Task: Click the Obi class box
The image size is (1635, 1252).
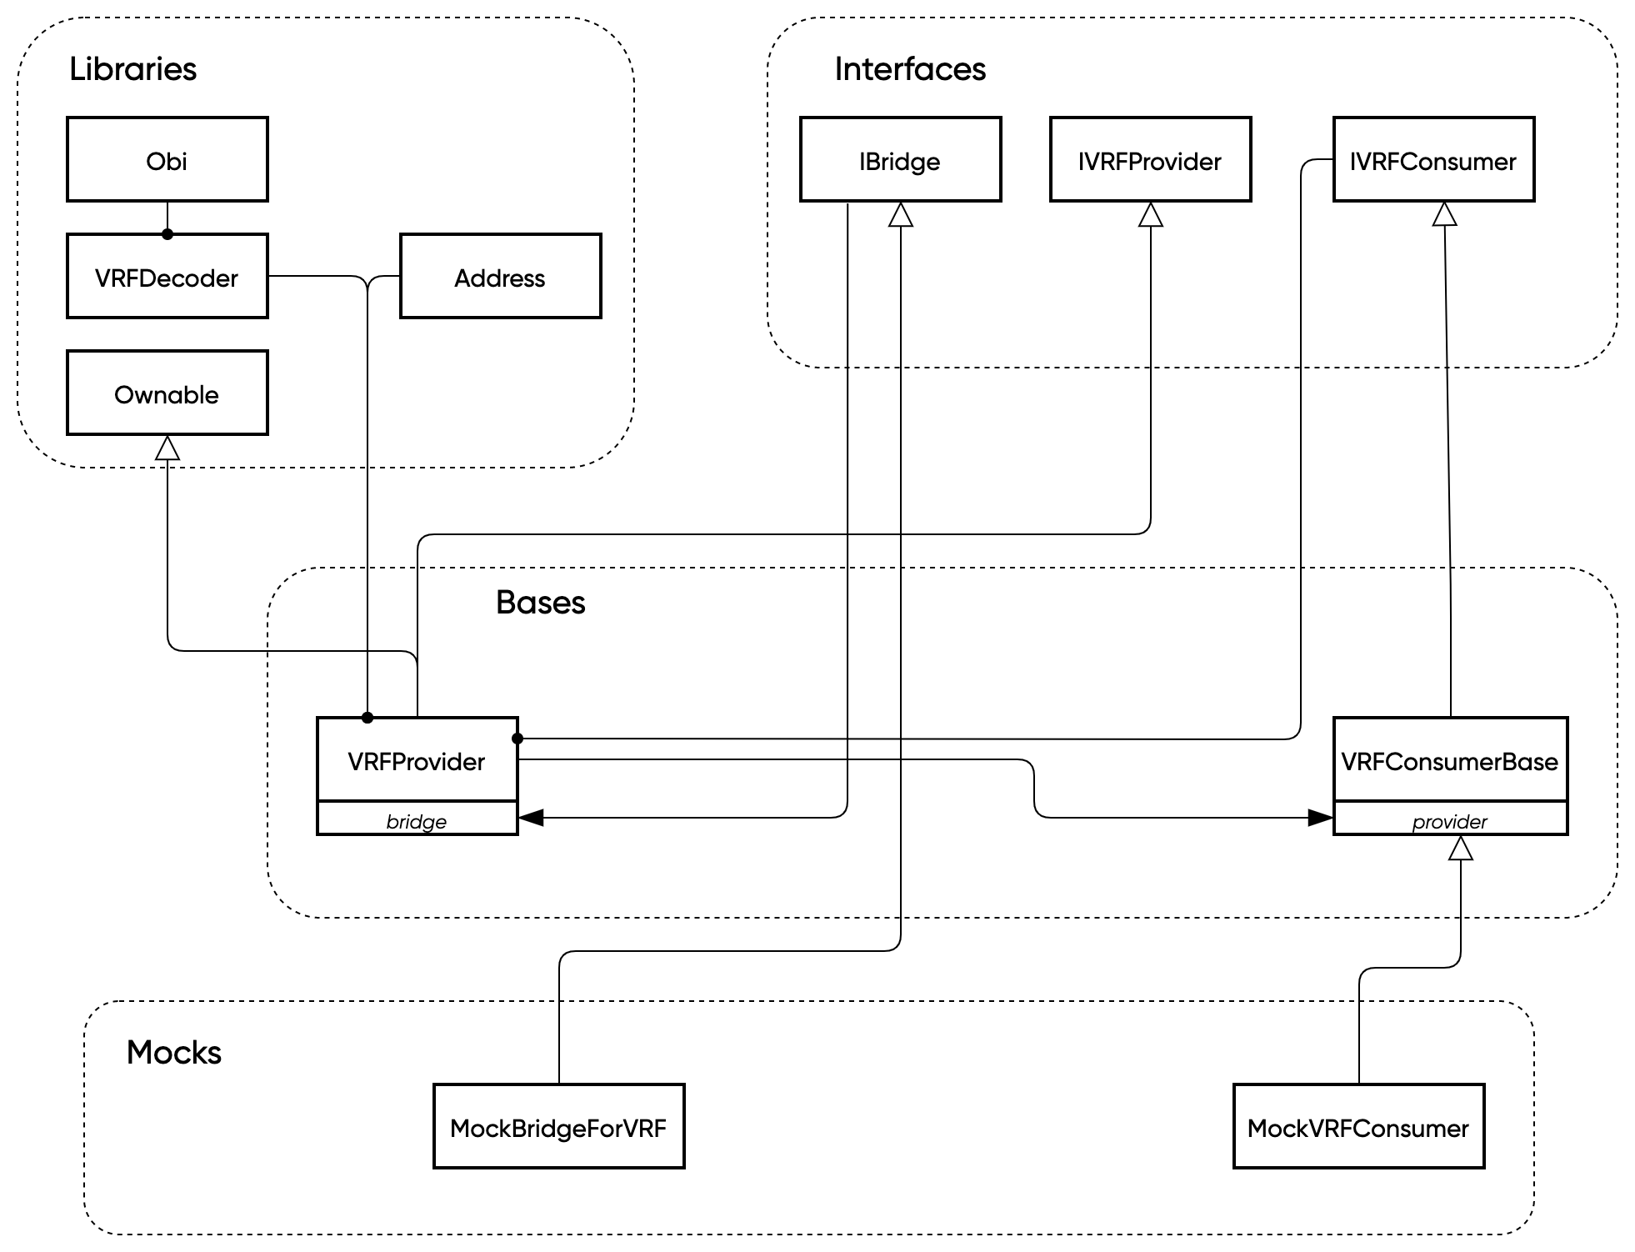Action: pos(167,159)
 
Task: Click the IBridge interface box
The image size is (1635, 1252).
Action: pos(900,159)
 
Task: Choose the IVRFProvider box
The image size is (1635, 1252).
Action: pos(1150,159)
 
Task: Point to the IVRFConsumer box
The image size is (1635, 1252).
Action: pos(1433,159)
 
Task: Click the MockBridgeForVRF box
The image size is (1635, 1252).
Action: pos(558,1126)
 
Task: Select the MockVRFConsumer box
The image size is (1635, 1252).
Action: pos(1358,1126)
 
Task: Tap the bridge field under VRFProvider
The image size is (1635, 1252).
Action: pos(417,820)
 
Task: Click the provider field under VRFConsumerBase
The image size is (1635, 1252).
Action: pos(1450,820)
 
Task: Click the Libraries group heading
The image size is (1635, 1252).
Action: pos(133,68)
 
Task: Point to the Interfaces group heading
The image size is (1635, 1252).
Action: pos(910,68)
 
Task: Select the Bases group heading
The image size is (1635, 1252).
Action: pos(540,602)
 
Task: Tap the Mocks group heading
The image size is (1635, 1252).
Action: pos(174,1052)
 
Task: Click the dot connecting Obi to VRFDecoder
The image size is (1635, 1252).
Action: pos(167,234)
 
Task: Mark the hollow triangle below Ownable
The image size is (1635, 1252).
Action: pos(167,448)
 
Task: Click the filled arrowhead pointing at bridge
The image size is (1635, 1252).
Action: pos(532,818)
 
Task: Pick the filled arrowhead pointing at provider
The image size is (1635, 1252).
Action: pos(1320,818)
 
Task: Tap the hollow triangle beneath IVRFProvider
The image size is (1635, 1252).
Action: pos(1151,215)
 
